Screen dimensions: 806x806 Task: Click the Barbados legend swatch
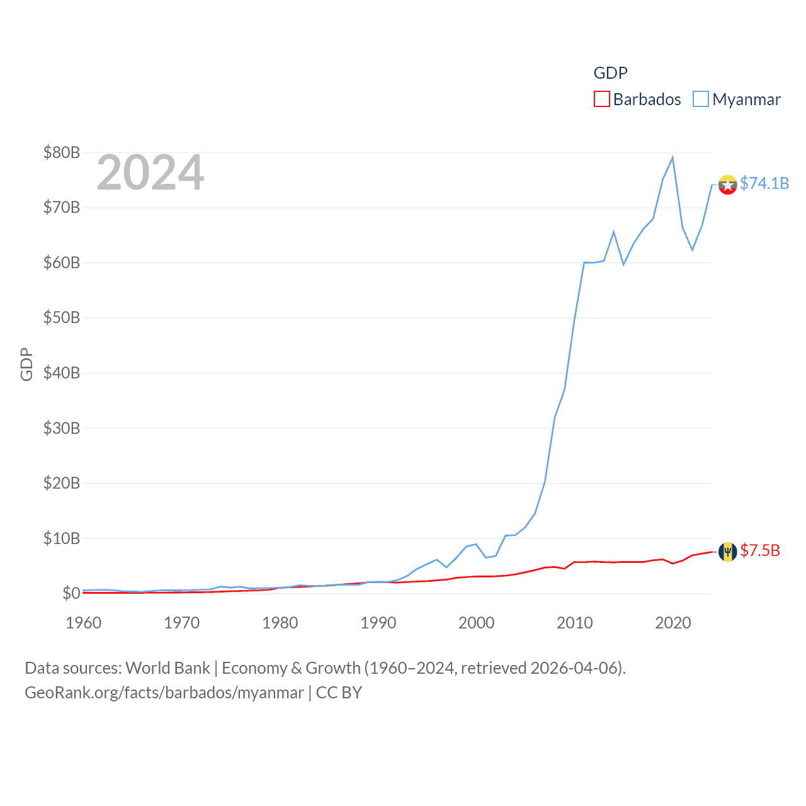[x=602, y=99]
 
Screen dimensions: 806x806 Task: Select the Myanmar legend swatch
[x=701, y=99]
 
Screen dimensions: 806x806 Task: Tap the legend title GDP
[x=610, y=73]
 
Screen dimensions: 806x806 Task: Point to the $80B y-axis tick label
[x=62, y=152]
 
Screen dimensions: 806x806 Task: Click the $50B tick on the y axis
[x=62, y=317]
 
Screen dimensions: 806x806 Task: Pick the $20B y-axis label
[x=62, y=483]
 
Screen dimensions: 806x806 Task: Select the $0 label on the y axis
[x=71, y=593]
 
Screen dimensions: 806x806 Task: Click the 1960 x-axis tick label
[x=84, y=623]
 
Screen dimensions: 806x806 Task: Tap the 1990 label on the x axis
[x=378, y=623]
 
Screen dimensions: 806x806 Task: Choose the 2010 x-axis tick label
[x=575, y=623]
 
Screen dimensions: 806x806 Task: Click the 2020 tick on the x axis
[x=673, y=623]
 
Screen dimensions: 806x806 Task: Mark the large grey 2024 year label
[x=150, y=173]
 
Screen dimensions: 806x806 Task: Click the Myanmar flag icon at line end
[x=728, y=184]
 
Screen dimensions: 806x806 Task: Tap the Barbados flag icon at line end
[x=728, y=552]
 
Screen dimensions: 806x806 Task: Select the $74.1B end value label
[x=764, y=183]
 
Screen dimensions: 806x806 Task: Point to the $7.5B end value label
[x=760, y=551]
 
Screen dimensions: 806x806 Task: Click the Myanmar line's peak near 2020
[x=673, y=157]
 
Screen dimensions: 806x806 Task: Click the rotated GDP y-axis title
[x=26, y=364]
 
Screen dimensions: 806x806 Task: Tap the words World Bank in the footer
[x=168, y=668]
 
